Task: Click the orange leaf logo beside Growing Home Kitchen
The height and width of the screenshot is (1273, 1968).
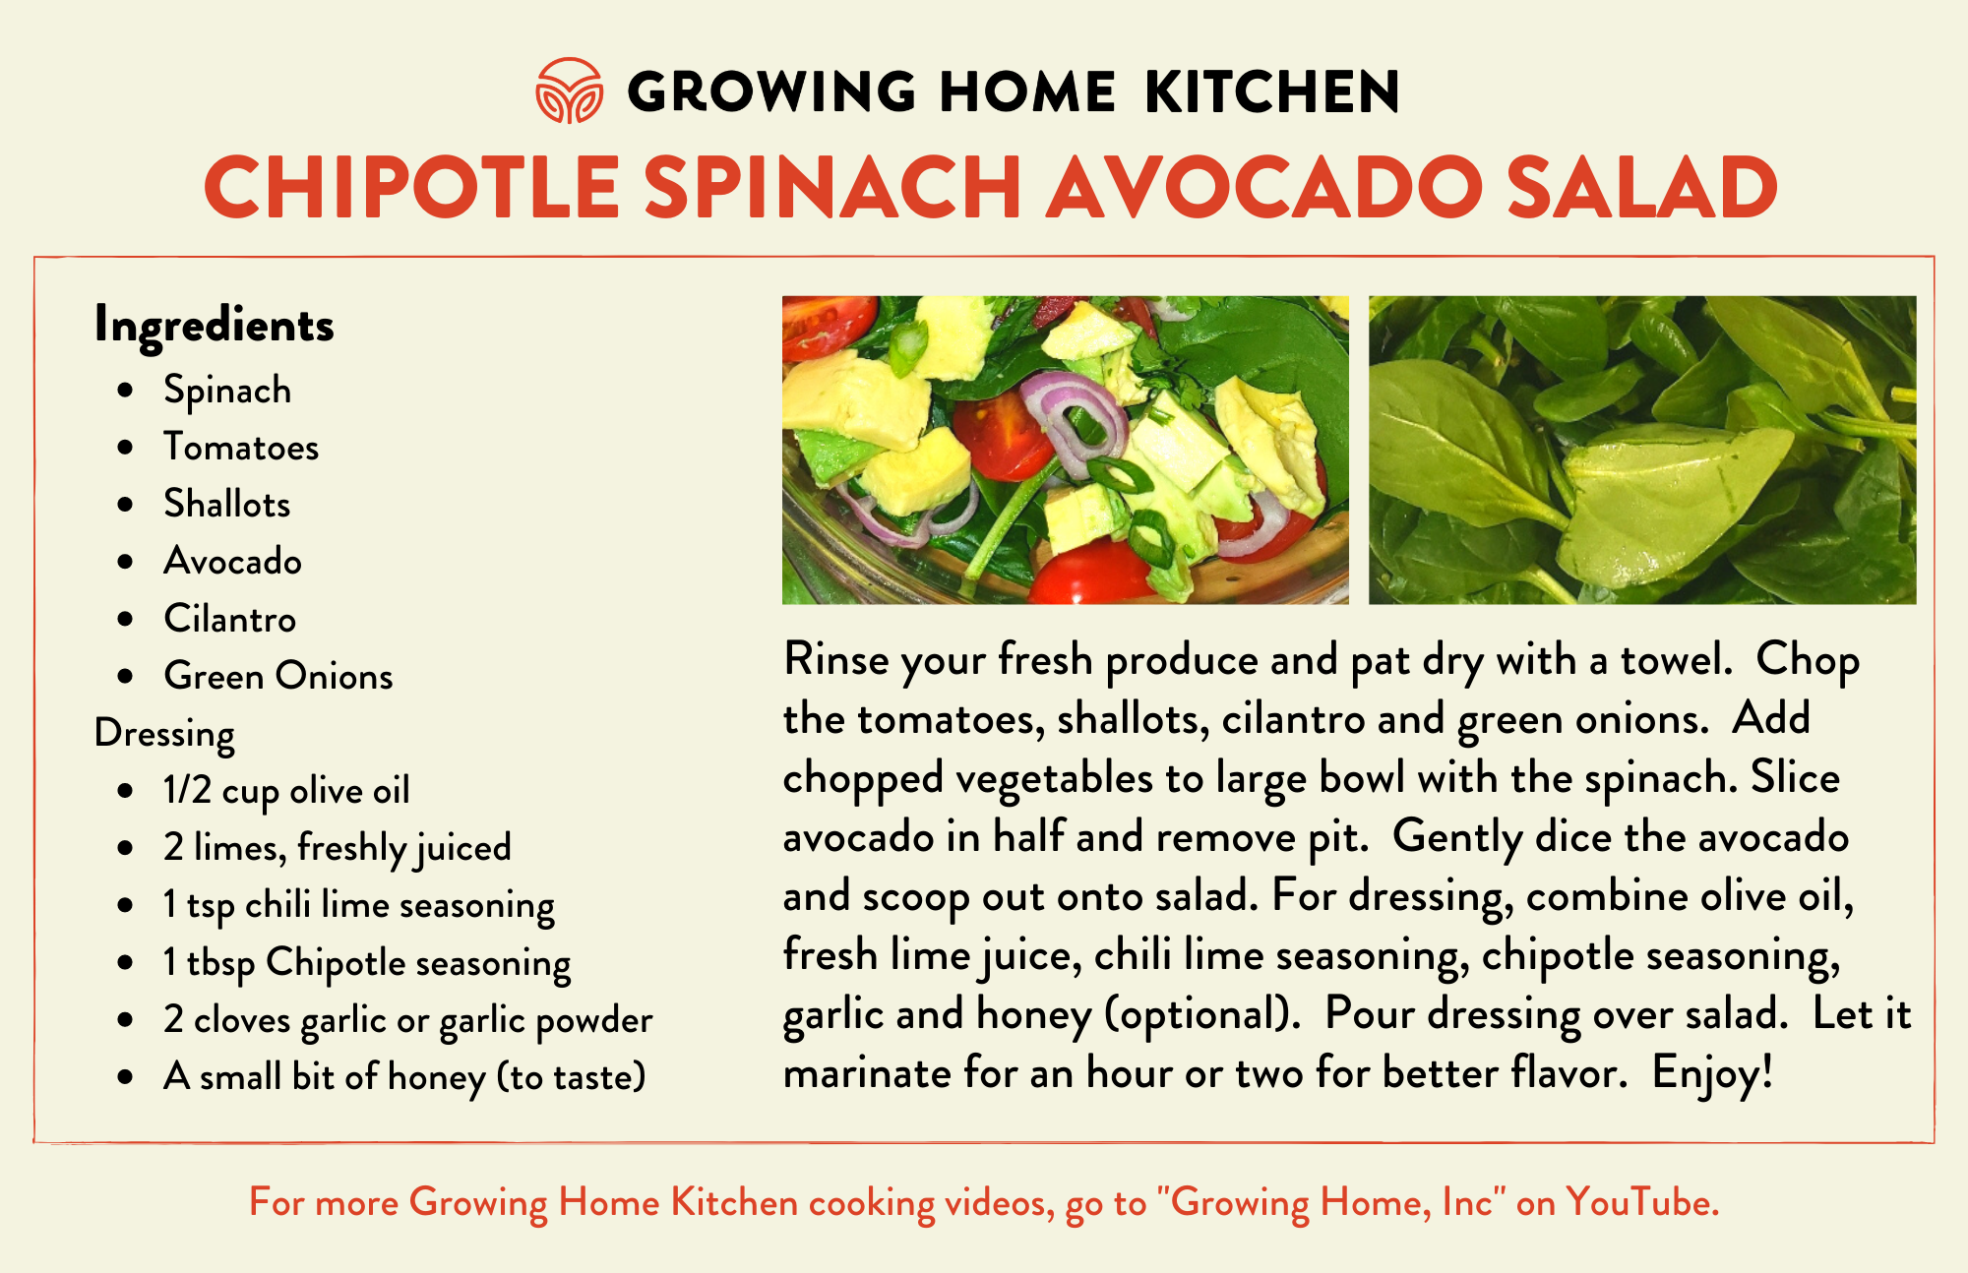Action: pos(569,91)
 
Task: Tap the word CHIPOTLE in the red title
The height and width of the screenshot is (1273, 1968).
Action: pos(412,188)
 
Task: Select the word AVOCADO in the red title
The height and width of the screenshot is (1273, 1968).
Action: pos(1263,188)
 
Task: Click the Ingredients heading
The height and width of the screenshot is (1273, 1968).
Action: pos(215,326)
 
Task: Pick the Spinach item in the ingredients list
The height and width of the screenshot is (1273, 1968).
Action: pos(227,391)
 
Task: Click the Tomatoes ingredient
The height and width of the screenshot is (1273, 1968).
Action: pos(241,448)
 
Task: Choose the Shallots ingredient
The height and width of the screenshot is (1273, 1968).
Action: pos(227,504)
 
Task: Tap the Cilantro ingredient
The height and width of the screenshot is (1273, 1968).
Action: pos(230,619)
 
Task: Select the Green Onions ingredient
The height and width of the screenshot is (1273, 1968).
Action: pos(278,676)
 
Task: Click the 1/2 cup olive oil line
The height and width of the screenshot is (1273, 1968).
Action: pos(286,791)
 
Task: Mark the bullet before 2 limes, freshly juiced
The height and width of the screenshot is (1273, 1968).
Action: pos(125,848)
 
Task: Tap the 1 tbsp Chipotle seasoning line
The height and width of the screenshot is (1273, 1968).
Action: pos(367,963)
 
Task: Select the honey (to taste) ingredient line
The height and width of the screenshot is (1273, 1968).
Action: pos(404,1077)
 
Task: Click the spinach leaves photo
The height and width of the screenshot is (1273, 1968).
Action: pos(1642,450)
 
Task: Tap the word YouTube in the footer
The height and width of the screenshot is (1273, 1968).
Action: pos(1642,1202)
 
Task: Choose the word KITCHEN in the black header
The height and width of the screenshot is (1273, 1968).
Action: pos(1272,91)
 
